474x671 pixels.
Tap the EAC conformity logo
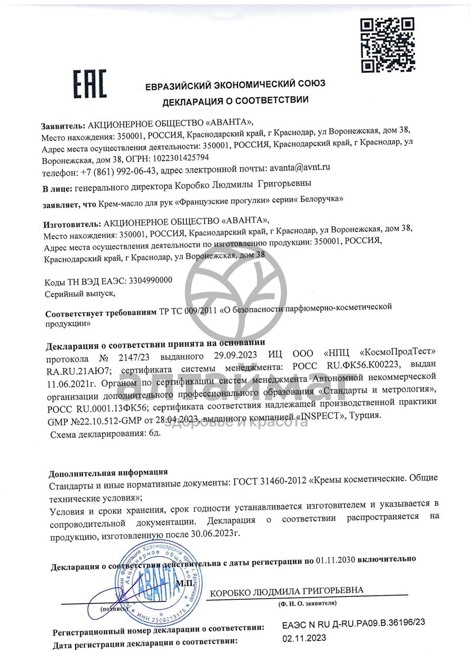(90, 84)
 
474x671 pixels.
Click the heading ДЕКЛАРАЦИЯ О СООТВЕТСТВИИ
(235, 100)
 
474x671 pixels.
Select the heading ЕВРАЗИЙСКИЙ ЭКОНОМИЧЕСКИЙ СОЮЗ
(235, 84)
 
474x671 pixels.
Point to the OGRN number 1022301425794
(180, 158)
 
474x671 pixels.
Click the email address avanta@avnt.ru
(300, 169)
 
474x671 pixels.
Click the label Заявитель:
(63, 127)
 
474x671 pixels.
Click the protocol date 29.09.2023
(239, 353)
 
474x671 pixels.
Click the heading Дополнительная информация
(108, 472)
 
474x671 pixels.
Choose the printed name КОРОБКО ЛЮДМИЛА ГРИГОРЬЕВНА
(287, 590)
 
